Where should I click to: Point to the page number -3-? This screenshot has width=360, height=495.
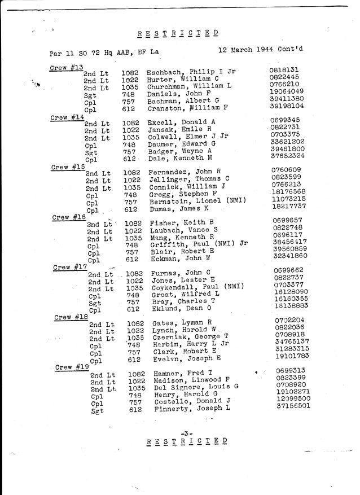tap(187, 433)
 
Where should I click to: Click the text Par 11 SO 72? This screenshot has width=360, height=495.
tap(74, 53)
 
